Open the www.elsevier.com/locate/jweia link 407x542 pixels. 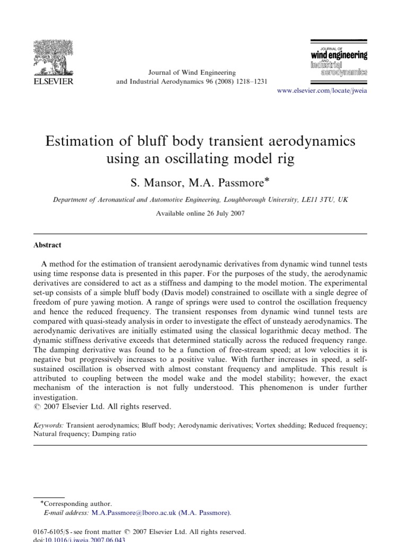[x=322, y=91]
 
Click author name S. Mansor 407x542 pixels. [x=155, y=183]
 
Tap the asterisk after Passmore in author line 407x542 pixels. [x=268, y=180]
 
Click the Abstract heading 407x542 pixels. [x=48, y=245]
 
